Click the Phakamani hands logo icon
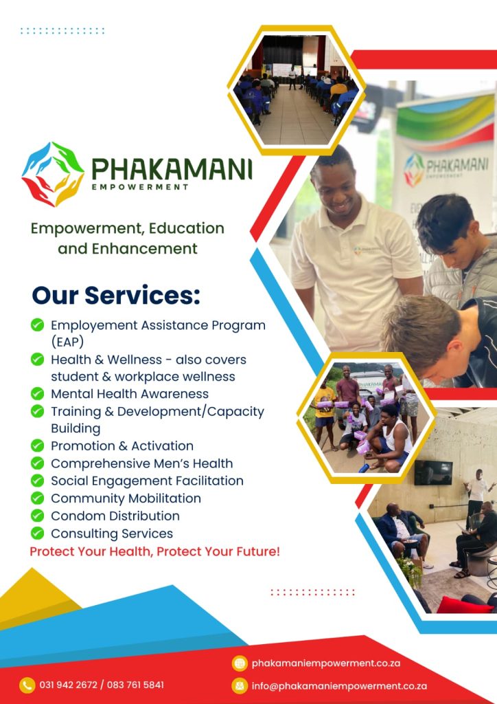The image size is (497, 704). click(x=53, y=174)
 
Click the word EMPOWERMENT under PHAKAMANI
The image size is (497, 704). click(x=140, y=187)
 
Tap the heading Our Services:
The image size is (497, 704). click(x=115, y=296)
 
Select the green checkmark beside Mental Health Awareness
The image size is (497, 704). click(x=37, y=394)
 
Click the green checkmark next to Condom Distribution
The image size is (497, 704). click(x=37, y=516)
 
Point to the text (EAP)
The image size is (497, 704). click(x=67, y=342)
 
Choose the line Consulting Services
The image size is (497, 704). click(x=112, y=533)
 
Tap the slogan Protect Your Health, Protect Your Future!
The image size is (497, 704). click(x=154, y=551)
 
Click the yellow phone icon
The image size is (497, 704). click(x=27, y=685)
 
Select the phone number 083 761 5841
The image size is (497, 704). click(x=135, y=685)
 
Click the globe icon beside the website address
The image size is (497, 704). click(x=240, y=663)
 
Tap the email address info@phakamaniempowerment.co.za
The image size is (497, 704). click(x=339, y=686)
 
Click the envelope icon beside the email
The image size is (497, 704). click(x=240, y=686)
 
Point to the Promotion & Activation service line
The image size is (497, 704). click(x=122, y=445)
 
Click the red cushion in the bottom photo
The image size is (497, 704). click(x=464, y=604)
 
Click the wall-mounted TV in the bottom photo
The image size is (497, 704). click(x=433, y=472)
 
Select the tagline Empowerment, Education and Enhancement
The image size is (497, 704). click(x=127, y=238)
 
